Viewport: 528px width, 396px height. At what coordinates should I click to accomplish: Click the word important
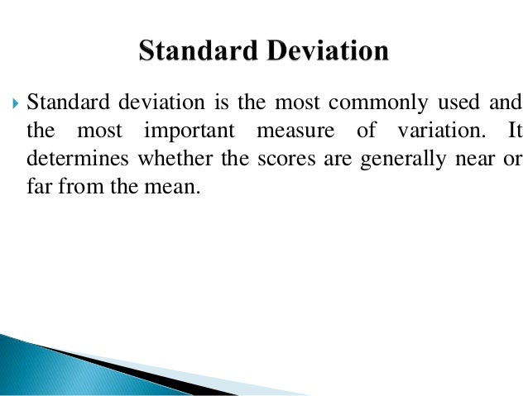[189, 131]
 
